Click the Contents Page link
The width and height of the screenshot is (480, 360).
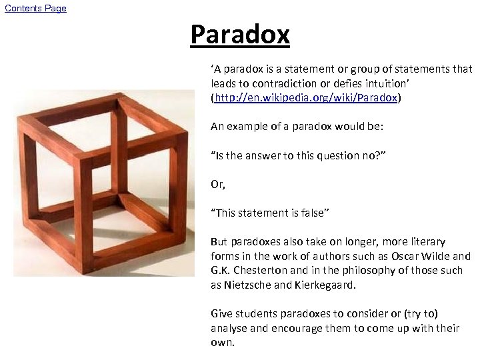pyautogui.click(x=35, y=8)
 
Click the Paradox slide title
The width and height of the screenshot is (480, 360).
pyautogui.click(x=239, y=34)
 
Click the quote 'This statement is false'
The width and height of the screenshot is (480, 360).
pyautogui.click(x=270, y=213)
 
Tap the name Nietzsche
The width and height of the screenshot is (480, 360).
pyautogui.click(x=251, y=285)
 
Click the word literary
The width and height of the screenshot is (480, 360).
pyautogui.click(x=422, y=241)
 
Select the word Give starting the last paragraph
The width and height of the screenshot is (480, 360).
pyautogui.click(x=222, y=313)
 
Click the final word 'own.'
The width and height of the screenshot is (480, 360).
pyautogui.click(x=223, y=343)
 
